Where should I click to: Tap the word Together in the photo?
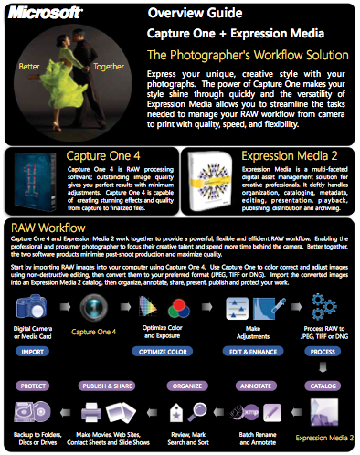(110, 66)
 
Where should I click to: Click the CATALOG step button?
(322, 386)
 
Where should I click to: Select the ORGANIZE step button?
(161, 386)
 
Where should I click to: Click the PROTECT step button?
(34, 386)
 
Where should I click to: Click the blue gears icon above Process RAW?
(323, 306)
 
